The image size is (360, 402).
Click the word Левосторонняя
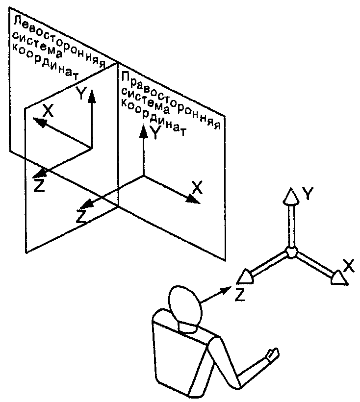pyautogui.click(x=59, y=42)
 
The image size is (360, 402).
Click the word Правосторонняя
pyautogui.click(x=171, y=100)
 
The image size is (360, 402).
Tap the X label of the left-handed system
pyautogui.click(x=48, y=111)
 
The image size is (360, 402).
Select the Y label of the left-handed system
pyautogui.click(x=81, y=93)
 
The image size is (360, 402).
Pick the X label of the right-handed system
pyautogui.click(x=197, y=187)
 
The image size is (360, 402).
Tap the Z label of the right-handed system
pyautogui.click(x=81, y=216)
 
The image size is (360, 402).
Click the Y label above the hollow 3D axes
pyautogui.click(x=308, y=194)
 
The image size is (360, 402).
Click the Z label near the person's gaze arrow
pyautogui.click(x=240, y=294)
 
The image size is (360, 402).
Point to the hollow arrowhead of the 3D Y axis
pyautogui.click(x=291, y=197)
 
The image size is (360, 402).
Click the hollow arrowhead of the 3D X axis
pyautogui.click(x=339, y=277)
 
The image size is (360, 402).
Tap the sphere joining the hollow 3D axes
pyautogui.click(x=291, y=252)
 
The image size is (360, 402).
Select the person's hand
pyautogui.click(x=272, y=355)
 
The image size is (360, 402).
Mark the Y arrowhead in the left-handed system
pyautogui.click(x=92, y=97)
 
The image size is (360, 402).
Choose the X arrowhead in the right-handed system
pyautogui.click(x=193, y=199)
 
